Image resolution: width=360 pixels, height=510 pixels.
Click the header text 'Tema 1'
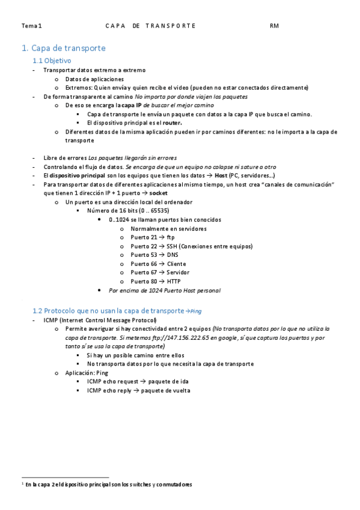(32, 26)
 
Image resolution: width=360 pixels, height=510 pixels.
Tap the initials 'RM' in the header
(274, 26)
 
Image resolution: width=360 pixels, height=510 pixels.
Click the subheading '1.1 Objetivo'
(52, 61)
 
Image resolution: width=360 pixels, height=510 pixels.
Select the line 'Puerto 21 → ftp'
(153, 237)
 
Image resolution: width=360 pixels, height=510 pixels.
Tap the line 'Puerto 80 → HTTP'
(155, 281)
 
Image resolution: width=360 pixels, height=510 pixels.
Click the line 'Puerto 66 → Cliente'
(158, 263)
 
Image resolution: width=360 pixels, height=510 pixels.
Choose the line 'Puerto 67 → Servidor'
(160, 272)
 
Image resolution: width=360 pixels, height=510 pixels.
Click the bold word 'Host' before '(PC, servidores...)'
(221, 175)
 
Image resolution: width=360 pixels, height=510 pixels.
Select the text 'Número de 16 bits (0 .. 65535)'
(127, 210)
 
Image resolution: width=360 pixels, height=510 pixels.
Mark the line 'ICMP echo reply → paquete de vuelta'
(139, 390)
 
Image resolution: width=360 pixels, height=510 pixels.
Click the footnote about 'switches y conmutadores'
(108, 484)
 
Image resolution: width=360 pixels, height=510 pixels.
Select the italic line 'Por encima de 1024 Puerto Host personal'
(164, 290)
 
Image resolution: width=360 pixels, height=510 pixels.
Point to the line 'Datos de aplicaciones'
(94, 79)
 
